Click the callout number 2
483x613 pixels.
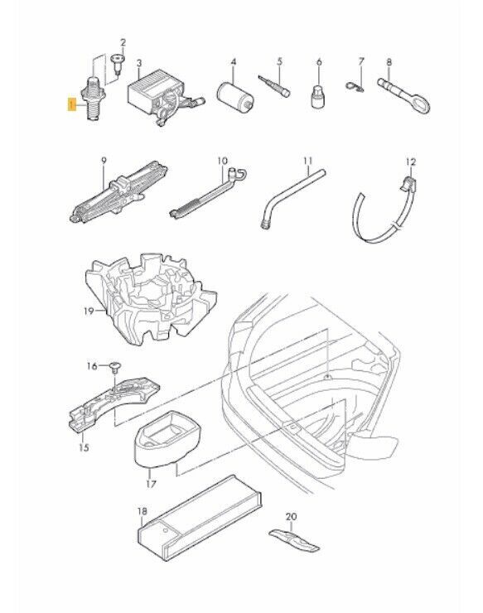[123, 42]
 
